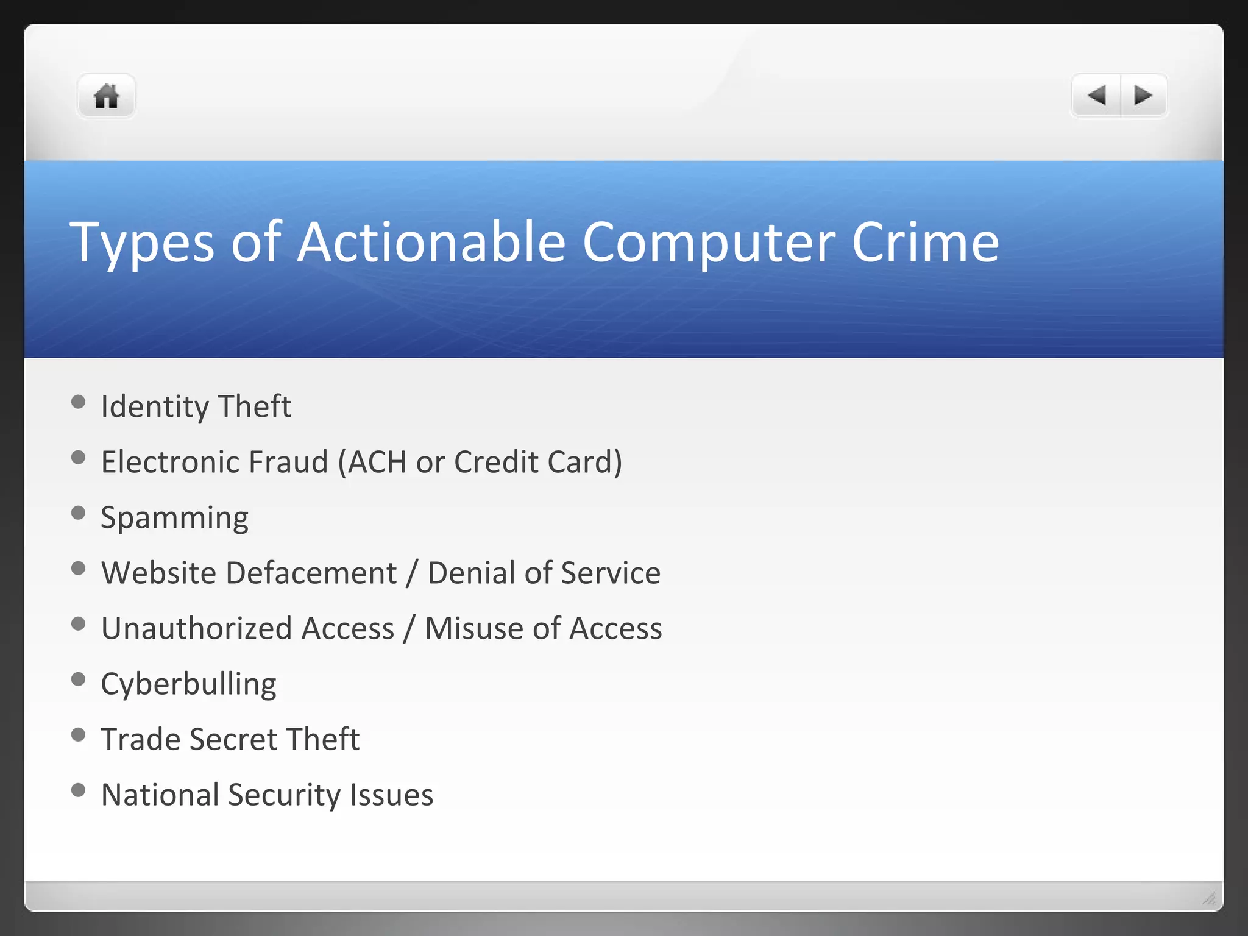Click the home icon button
(106, 96)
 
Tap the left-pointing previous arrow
(1096, 96)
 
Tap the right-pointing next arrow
(1143, 96)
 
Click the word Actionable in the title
(431, 243)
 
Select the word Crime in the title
(925, 243)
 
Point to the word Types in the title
(142, 244)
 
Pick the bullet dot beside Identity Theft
(78, 402)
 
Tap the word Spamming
(174, 519)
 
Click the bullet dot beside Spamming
(78, 512)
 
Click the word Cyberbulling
(188, 684)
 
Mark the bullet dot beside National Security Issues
(78, 790)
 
